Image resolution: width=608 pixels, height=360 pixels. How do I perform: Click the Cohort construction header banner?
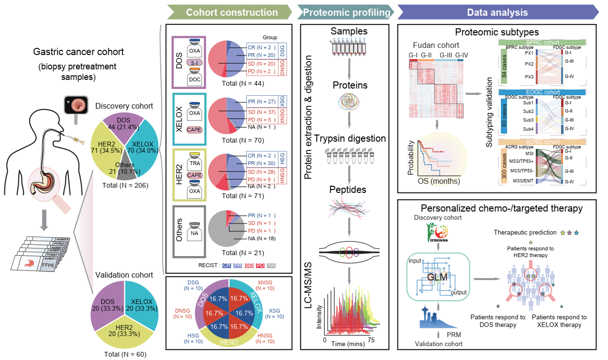[232, 12]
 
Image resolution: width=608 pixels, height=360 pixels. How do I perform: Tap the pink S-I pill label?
[194, 62]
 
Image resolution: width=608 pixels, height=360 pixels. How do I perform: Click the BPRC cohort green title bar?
[542, 43]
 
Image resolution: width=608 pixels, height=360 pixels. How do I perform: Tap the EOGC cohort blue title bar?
[542, 92]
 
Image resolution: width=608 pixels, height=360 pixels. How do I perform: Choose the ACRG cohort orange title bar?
[542, 142]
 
